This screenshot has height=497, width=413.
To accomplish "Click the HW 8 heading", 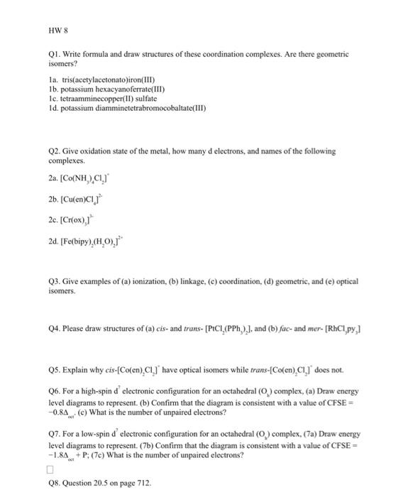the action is coord(57,31).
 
